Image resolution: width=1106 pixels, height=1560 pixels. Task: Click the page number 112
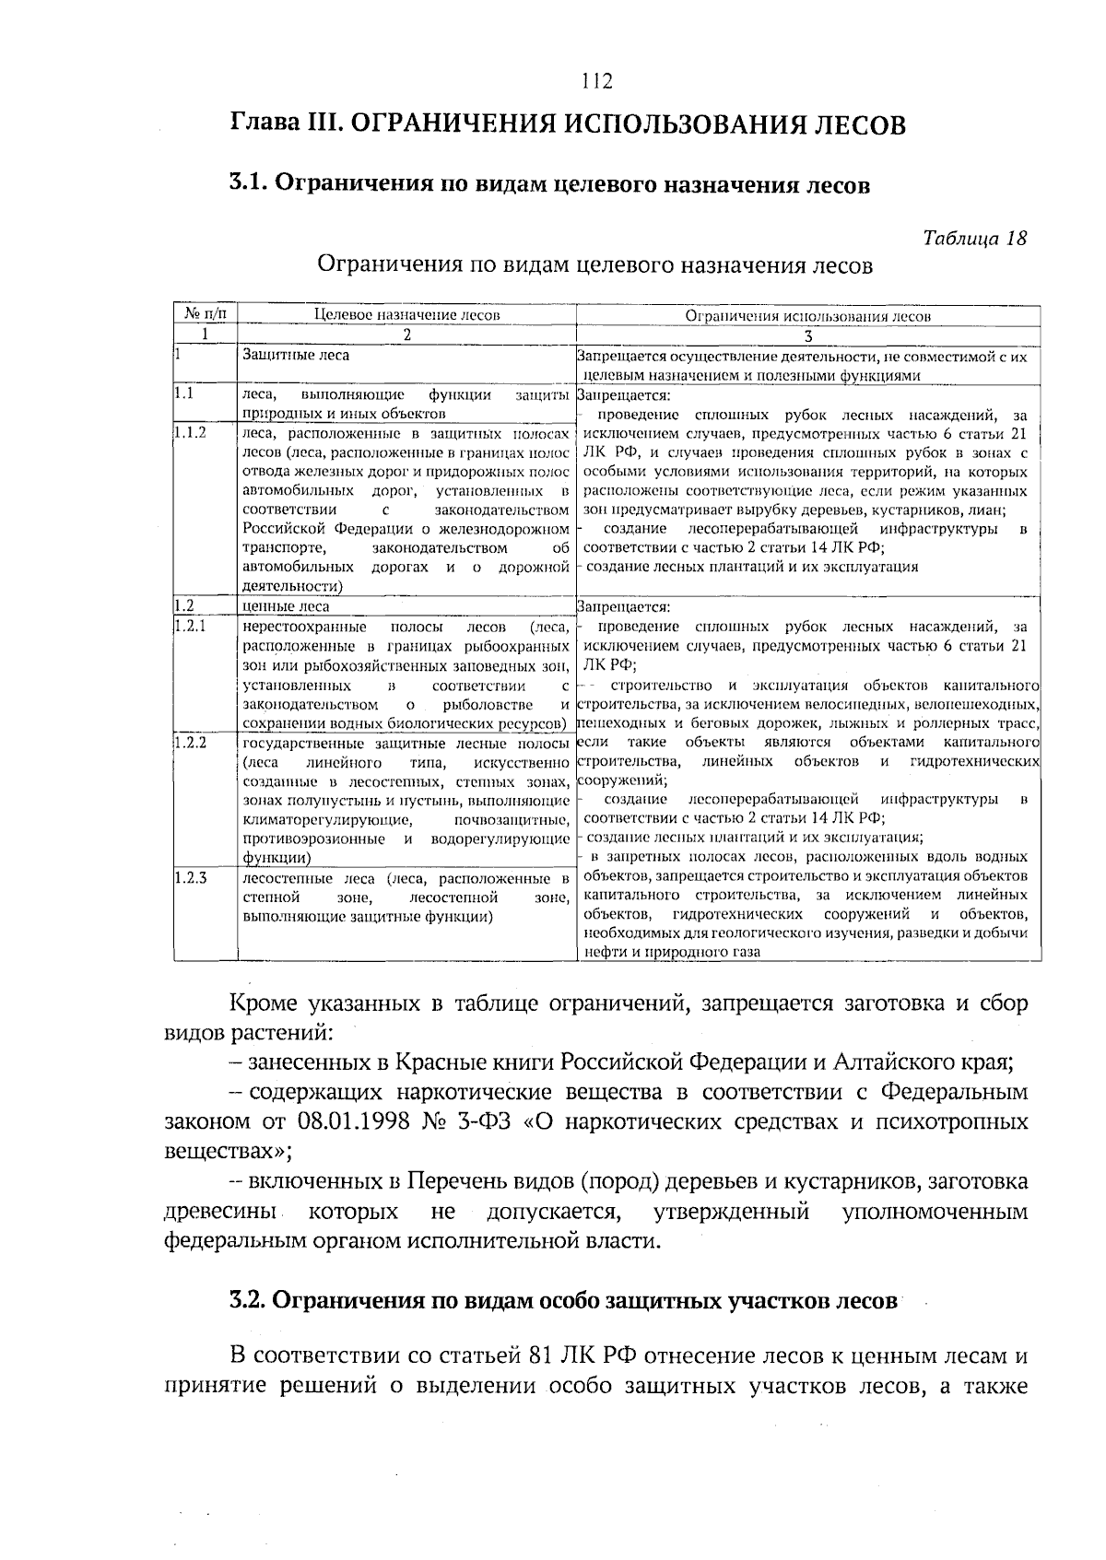[597, 81]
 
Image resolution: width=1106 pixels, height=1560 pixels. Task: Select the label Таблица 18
[975, 238]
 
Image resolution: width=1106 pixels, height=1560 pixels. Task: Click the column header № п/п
[206, 314]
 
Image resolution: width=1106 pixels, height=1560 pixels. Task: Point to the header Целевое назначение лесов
[406, 315]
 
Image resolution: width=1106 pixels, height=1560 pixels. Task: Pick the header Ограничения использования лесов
[808, 315]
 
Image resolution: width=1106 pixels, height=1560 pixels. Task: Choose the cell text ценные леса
[285, 606]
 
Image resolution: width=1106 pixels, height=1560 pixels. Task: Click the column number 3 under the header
[808, 336]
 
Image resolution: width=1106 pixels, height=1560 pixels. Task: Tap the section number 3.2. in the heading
[248, 1300]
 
